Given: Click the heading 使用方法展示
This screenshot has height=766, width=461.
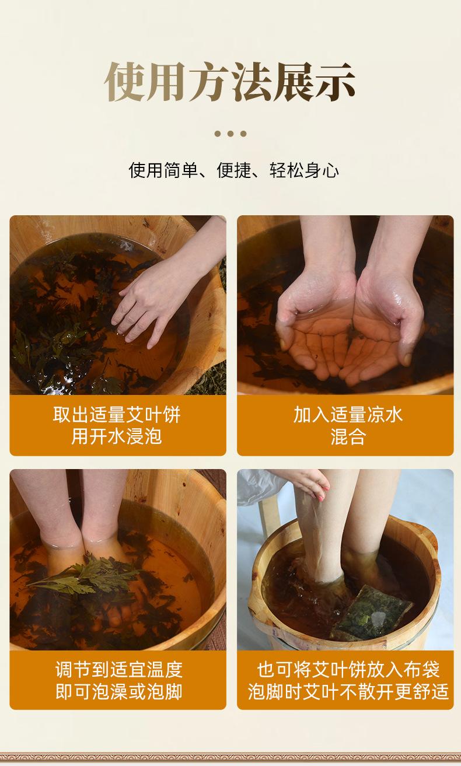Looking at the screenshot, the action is pyautogui.click(x=230, y=82).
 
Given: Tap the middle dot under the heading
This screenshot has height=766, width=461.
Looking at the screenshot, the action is pyautogui.click(x=230, y=134).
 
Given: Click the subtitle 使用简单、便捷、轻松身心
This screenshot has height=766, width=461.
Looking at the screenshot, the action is pyautogui.click(x=233, y=170).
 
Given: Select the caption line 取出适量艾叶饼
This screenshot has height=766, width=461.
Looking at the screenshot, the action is pyautogui.click(x=117, y=415).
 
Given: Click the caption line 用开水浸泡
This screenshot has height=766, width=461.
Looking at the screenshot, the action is pyautogui.click(x=117, y=437).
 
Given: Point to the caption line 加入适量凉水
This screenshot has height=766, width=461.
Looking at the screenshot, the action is pyautogui.click(x=348, y=415).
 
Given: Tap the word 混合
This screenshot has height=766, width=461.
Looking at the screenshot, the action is pyautogui.click(x=348, y=437).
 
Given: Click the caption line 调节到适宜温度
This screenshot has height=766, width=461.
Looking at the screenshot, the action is pyautogui.click(x=119, y=670).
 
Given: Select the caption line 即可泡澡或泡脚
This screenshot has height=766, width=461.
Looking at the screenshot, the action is pyautogui.click(x=119, y=691).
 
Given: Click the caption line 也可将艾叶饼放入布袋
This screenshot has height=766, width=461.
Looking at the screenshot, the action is pyautogui.click(x=348, y=670).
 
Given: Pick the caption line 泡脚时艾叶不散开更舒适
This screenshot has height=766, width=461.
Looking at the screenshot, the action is pyautogui.click(x=348, y=691).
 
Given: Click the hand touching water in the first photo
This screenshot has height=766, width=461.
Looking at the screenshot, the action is pyautogui.click(x=154, y=301).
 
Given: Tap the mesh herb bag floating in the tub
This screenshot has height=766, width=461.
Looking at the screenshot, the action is pyautogui.click(x=371, y=612).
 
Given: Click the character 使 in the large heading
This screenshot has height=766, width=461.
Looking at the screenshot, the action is pyautogui.click(x=125, y=82).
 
